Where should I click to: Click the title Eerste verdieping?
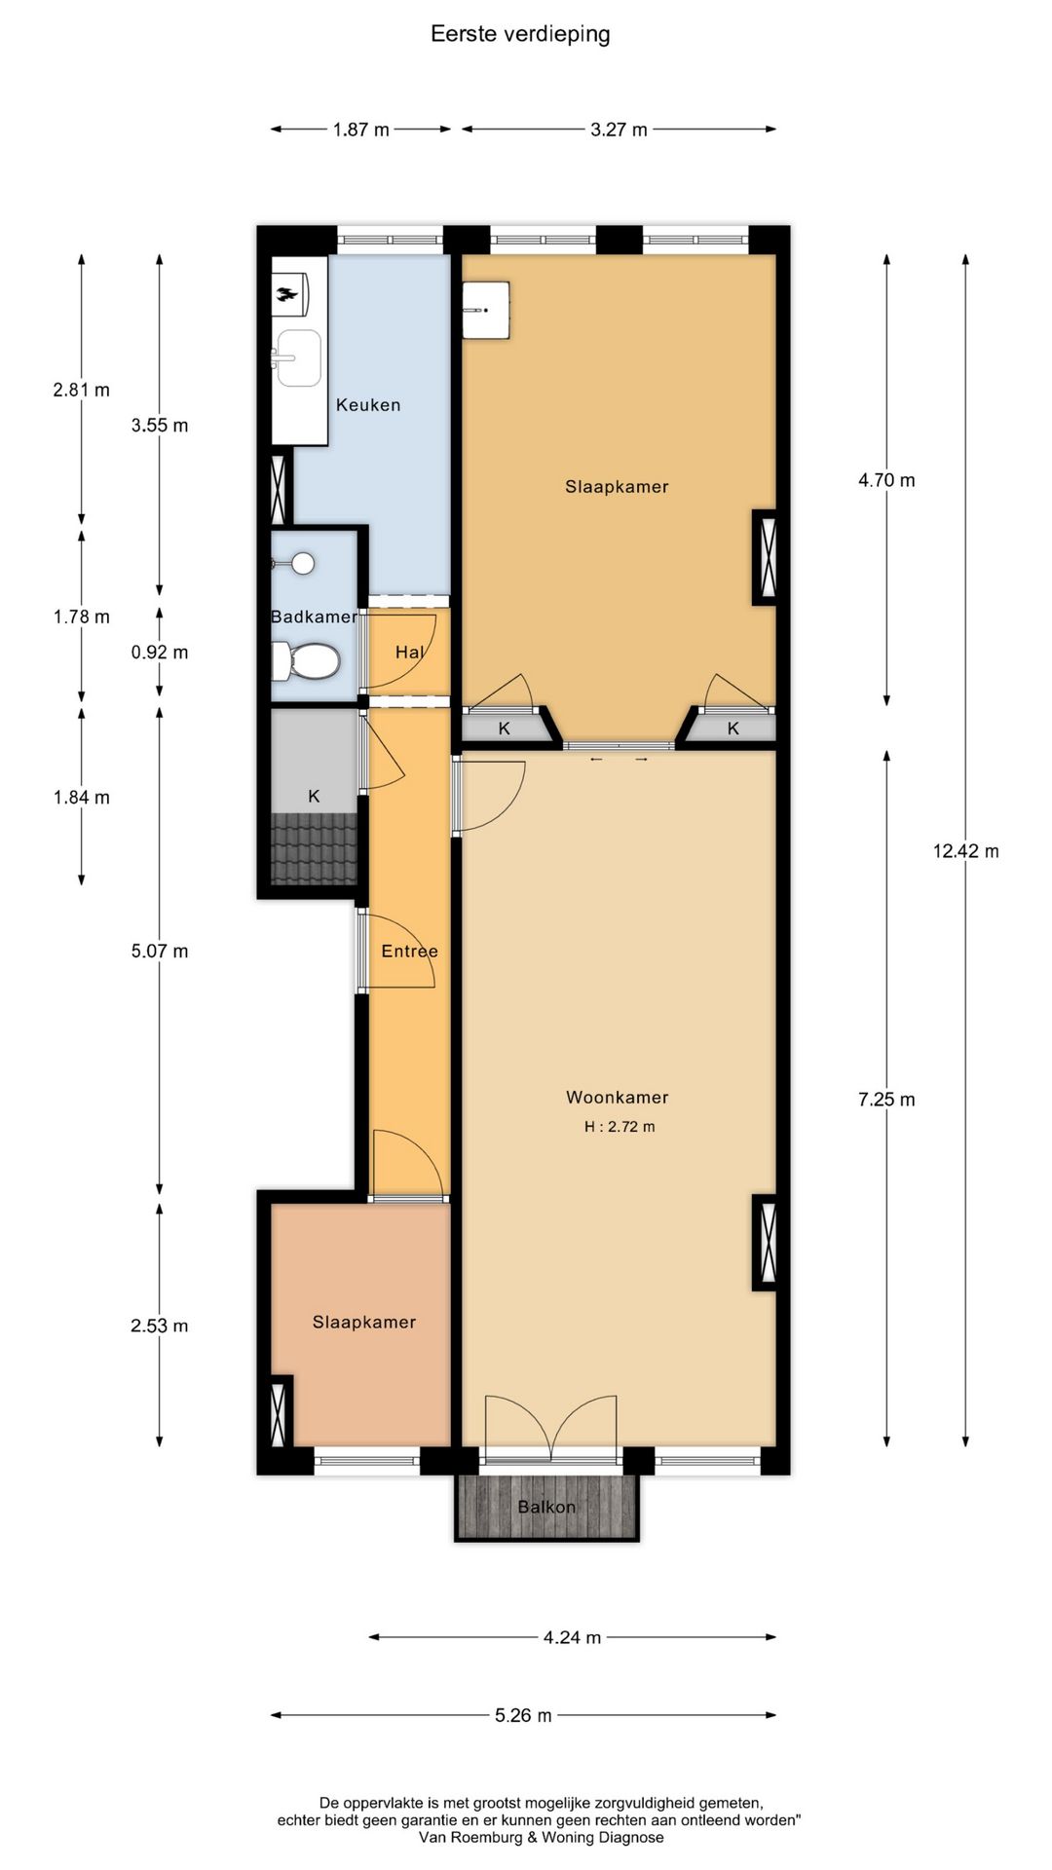click(520, 34)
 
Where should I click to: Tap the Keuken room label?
click(368, 405)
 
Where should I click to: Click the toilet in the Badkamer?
click(305, 661)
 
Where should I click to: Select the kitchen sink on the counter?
click(296, 357)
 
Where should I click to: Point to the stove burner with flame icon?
click(289, 293)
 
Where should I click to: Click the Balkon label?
click(546, 1507)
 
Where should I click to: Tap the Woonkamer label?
click(618, 1098)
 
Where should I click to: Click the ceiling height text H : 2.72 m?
click(620, 1127)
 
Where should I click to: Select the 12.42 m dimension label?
click(965, 851)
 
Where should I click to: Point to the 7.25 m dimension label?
click(886, 1100)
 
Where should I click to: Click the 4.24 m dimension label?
click(572, 1637)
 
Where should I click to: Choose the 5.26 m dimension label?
click(523, 1715)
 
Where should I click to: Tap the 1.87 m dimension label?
click(360, 130)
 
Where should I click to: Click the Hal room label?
click(409, 653)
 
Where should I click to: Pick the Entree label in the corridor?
click(409, 952)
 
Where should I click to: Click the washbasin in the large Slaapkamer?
click(486, 310)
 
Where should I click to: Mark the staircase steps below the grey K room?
click(314, 848)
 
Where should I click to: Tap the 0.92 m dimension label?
click(160, 653)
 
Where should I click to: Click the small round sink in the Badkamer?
click(303, 563)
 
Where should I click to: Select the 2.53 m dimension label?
click(160, 1326)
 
